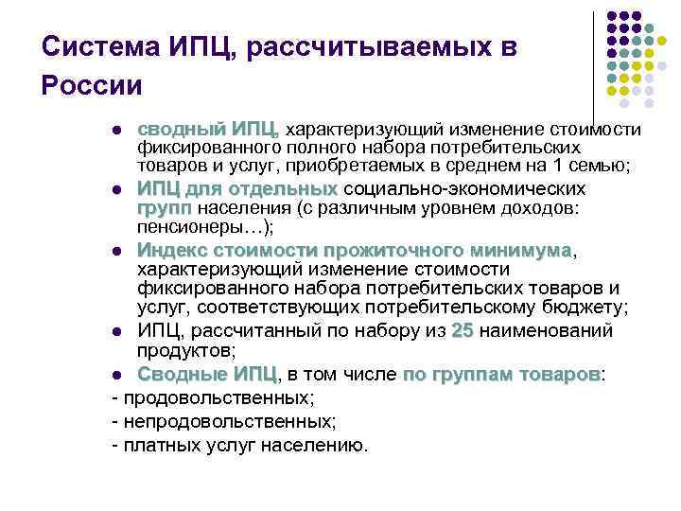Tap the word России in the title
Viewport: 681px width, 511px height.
(x=92, y=86)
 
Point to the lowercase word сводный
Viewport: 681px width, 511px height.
(x=181, y=130)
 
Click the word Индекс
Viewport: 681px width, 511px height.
(x=171, y=250)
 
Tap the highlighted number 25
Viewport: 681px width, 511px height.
(x=462, y=331)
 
